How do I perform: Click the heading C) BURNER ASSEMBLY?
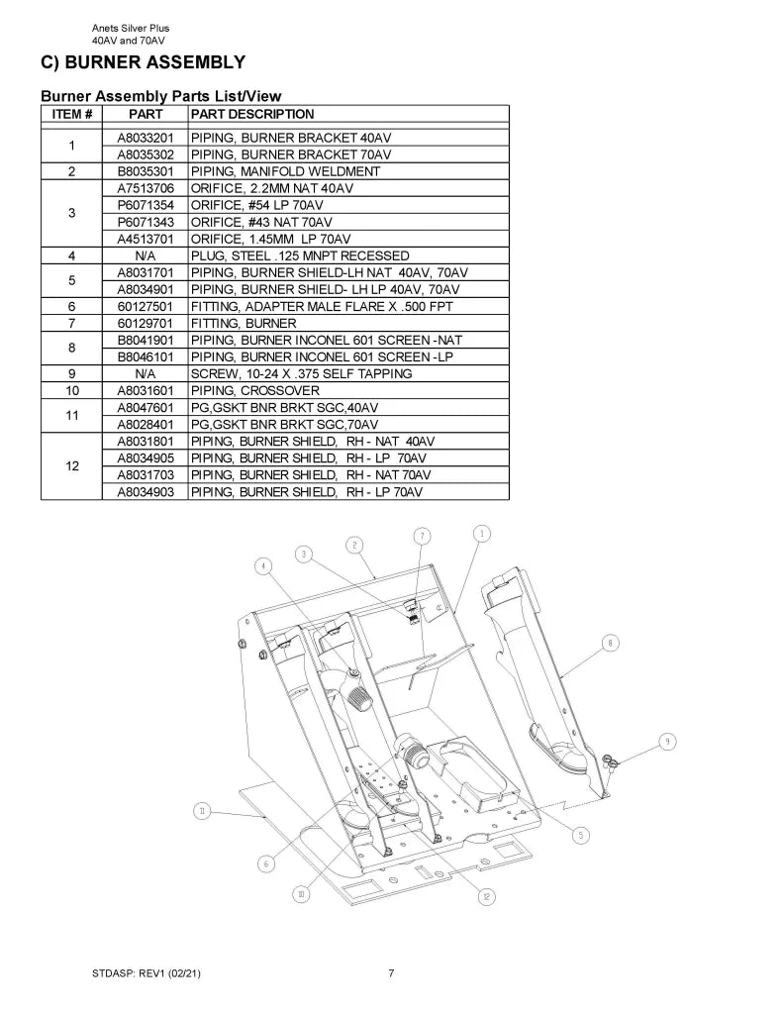tap(143, 62)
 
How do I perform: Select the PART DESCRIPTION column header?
tap(252, 115)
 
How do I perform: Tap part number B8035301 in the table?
tap(146, 171)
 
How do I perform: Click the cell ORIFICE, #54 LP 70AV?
tap(256, 205)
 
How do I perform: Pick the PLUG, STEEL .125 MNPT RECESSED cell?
tap(300, 255)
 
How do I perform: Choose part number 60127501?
tap(146, 307)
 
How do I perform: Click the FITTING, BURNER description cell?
tap(244, 324)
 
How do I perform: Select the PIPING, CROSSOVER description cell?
tap(254, 390)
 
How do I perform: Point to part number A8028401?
tap(146, 424)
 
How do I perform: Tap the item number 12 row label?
tap(72, 466)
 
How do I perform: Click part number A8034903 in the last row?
tap(146, 492)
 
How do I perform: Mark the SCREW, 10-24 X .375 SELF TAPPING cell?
tap(301, 373)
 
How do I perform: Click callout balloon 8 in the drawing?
tap(611, 643)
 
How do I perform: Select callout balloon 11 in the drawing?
tap(202, 811)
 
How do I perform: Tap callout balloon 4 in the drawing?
tap(263, 566)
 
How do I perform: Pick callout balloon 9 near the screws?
tap(667, 742)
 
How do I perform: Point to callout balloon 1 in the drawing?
tap(481, 534)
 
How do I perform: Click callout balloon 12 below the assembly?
tap(486, 896)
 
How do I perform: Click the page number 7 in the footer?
tap(391, 973)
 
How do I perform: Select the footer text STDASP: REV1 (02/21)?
tap(147, 973)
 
